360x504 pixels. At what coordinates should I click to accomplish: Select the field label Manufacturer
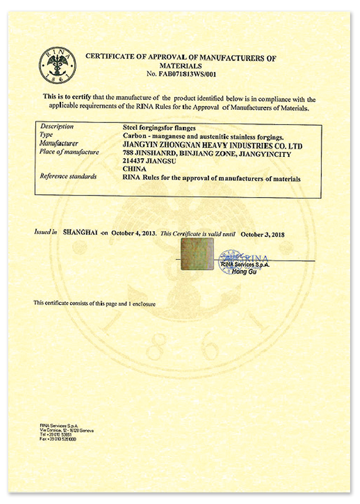59,143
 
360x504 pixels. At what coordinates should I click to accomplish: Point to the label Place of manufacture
70,152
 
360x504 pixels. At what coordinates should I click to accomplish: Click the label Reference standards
69,177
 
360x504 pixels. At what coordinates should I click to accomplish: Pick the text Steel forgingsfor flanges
155,127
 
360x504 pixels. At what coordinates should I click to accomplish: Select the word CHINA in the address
134,170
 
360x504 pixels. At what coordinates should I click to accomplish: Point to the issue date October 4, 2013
134,233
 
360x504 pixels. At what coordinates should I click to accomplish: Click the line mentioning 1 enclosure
94,303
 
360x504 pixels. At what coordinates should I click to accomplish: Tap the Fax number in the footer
58,439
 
